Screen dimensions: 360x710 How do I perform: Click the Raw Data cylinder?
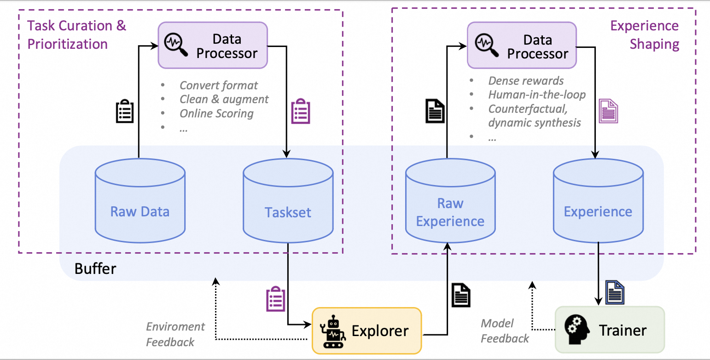click(x=140, y=203)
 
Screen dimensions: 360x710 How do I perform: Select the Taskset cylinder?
click(x=288, y=203)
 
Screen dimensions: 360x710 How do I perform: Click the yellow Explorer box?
click(x=367, y=331)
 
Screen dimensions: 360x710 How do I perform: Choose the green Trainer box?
click(x=610, y=330)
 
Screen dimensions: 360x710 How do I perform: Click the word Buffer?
click(x=95, y=269)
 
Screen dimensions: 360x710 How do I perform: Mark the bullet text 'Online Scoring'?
click(x=216, y=113)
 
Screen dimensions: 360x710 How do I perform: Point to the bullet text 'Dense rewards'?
click(x=526, y=81)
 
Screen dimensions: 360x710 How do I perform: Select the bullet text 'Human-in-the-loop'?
click(x=537, y=95)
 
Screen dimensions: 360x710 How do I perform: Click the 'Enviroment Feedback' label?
click(x=175, y=334)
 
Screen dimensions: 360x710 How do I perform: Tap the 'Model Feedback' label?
click(x=505, y=331)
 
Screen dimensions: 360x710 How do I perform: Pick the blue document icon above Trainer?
click(x=615, y=292)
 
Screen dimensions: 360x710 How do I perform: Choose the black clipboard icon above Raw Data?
click(x=124, y=112)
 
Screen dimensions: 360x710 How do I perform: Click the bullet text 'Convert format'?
click(x=219, y=86)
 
